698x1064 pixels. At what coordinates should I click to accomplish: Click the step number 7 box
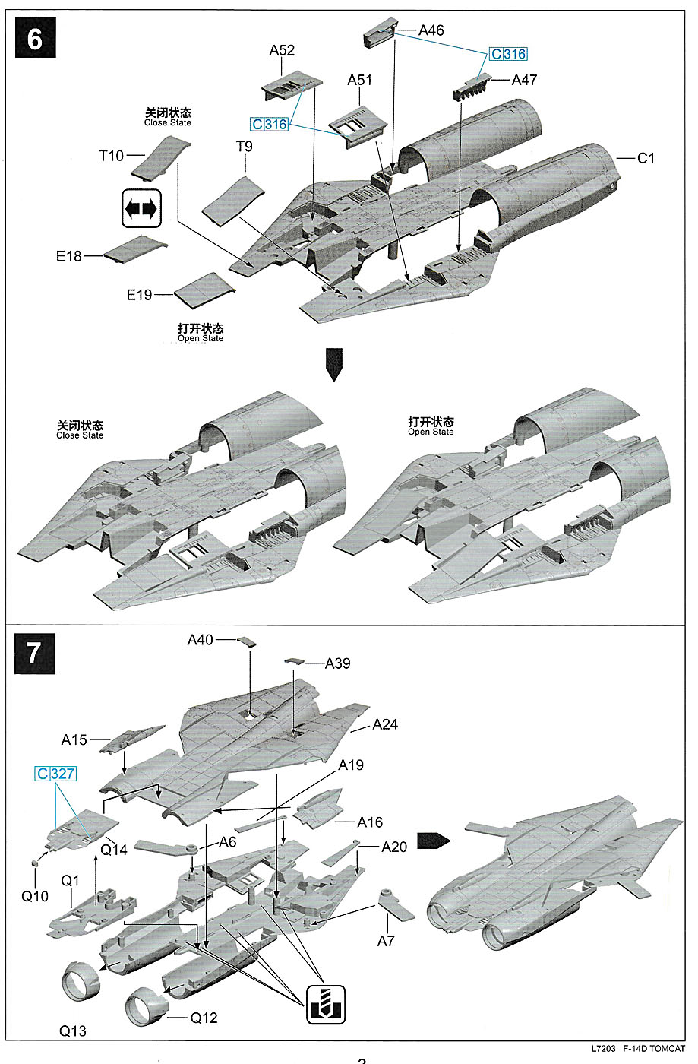[35, 653]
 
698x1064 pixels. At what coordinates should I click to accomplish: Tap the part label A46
[431, 30]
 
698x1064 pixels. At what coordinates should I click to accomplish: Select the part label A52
[282, 50]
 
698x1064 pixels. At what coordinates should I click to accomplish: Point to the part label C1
[646, 158]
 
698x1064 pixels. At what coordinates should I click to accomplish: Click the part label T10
[111, 156]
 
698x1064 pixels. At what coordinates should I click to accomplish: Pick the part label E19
[139, 295]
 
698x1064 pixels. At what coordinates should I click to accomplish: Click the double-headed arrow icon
[141, 207]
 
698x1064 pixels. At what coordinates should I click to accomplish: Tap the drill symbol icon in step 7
[326, 1004]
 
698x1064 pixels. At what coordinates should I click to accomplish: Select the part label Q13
[73, 1031]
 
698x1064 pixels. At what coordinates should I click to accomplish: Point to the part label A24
[385, 724]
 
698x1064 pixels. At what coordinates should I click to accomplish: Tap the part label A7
[386, 941]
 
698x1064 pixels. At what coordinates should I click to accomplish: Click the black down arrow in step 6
[333, 364]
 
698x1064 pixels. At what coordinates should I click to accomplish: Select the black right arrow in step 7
[433, 840]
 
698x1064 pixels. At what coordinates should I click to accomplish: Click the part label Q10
[34, 896]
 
